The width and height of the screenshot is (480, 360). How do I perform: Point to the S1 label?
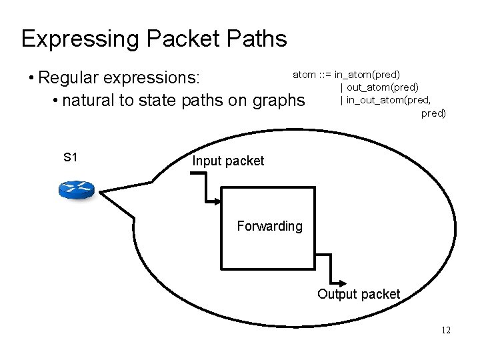click(71, 158)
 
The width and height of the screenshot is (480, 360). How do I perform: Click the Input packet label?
click(228, 161)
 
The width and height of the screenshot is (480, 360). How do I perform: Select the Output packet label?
click(358, 294)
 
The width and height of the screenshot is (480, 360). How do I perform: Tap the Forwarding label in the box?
click(269, 226)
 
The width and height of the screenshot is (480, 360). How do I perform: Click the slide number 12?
click(445, 330)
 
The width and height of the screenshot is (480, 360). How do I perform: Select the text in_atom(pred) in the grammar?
click(367, 74)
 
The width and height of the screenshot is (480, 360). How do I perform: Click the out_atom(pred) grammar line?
click(383, 87)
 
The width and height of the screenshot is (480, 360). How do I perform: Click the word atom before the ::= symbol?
click(303, 74)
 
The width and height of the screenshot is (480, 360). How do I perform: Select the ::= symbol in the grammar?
click(325, 74)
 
